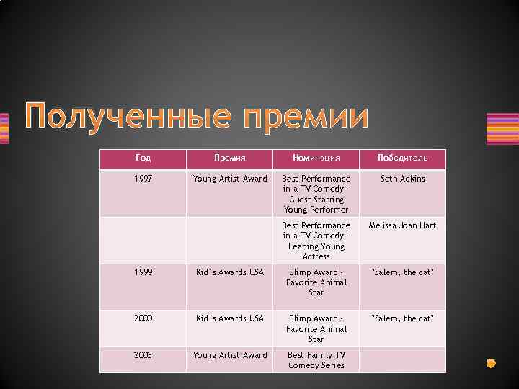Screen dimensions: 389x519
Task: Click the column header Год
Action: click(x=143, y=158)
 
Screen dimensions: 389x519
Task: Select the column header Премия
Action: click(x=230, y=158)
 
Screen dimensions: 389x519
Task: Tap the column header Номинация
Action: click(x=316, y=158)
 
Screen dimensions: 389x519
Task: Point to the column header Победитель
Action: click(x=402, y=158)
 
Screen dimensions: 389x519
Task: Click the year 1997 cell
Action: click(x=143, y=179)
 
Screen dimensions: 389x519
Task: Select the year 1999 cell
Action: click(x=143, y=272)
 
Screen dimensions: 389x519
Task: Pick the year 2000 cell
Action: click(x=143, y=318)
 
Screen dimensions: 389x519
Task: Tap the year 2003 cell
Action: click(x=143, y=354)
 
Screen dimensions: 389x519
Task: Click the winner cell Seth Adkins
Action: click(x=402, y=179)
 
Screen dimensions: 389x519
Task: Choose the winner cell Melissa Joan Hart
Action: click(x=402, y=225)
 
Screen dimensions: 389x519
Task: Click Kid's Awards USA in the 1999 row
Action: click(x=230, y=272)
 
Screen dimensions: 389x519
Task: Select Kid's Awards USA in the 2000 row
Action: click(x=230, y=318)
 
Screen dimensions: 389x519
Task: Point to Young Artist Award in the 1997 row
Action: click(x=230, y=179)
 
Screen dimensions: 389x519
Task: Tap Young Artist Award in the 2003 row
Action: click(x=230, y=354)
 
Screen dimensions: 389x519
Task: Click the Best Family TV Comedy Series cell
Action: click(x=316, y=359)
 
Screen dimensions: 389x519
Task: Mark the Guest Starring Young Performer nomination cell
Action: click(x=316, y=194)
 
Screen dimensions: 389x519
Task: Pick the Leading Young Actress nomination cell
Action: click(x=316, y=241)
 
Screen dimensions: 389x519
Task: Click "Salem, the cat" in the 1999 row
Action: click(x=402, y=272)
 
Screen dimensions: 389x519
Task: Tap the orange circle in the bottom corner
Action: click(x=492, y=362)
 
